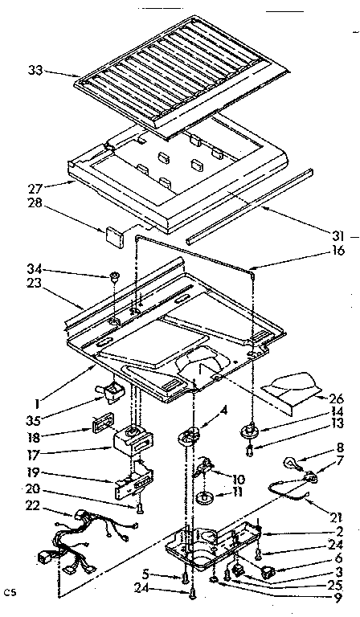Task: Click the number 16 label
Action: [338, 251]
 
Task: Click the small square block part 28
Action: [112, 234]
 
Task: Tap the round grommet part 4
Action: [190, 436]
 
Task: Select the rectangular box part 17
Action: [132, 439]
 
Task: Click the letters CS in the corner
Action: [10, 594]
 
